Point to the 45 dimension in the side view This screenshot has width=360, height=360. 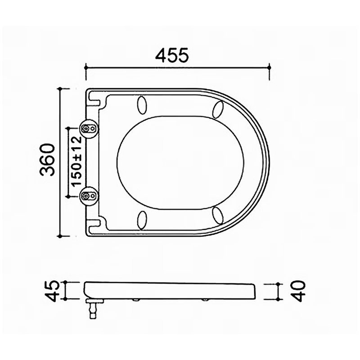coord(53,290)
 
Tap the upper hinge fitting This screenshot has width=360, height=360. coord(88,129)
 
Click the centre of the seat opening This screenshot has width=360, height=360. coord(180,162)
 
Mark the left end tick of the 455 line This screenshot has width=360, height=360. coord(85,68)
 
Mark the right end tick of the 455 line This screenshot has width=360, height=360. coord(269,68)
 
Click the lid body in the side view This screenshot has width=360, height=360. coord(171,290)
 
